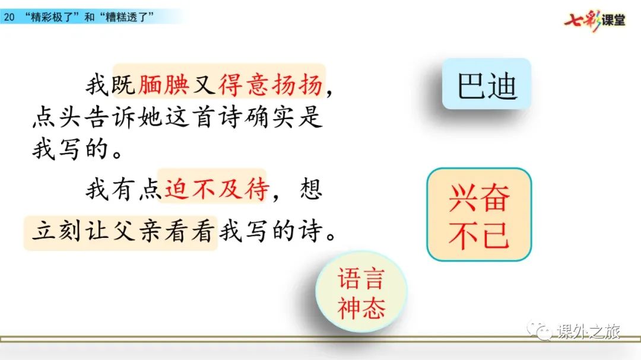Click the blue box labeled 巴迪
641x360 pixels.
pyautogui.click(x=487, y=84)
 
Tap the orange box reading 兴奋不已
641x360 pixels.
pyautogui.click(x=479, y=215)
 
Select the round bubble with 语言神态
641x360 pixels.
pyautogui.click(x=361, y=292)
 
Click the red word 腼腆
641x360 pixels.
pyautogui.click(x=164, y=85)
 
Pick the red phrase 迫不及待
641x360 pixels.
pyautogui.click(x=217, y=189)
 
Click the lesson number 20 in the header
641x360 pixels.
pyautogui.click(x=9, y=17)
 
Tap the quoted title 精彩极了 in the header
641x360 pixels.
pyautogui.click(x=52, y=17)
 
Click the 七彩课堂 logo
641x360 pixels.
pyautogui.click(x=595, y=20)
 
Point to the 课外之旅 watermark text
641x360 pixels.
pyautogui.click(x=589, y=331)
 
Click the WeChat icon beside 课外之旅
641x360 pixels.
pyautogui.click(x=540, y=330)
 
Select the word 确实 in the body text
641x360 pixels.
pyautogui.click(x=270, y=117)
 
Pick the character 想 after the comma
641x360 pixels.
pyautogui.click(x=310, y=189)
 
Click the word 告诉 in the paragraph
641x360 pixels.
pyautogui.click(x=110, y=117)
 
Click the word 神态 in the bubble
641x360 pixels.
pyautogui.click(x=361, y=308)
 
